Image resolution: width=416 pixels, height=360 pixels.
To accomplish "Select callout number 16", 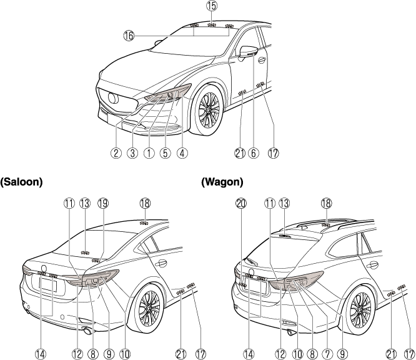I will pyautogui.click(x=129, y=36).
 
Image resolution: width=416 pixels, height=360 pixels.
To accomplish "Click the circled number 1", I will pyautogui.click(x=149, y=151).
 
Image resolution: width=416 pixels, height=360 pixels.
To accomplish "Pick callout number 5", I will pyautogui.click(x=165, y=151).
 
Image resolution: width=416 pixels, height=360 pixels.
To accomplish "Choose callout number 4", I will pyautogui.click(x=182, y=151).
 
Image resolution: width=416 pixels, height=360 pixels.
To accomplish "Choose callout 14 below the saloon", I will pyautogui.click(x=41, y=353).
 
